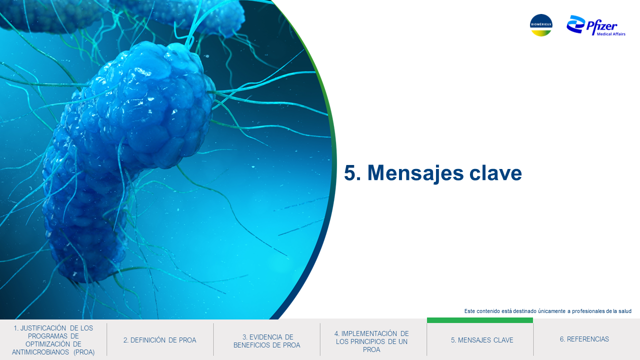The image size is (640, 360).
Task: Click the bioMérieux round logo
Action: [x=541, y=25]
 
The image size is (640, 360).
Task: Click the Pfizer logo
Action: [x=595, y=25]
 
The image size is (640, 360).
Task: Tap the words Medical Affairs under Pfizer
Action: [x=611, y=34]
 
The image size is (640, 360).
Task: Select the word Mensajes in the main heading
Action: [x=415, y=173]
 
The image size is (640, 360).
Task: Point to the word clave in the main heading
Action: [x=495, y=172]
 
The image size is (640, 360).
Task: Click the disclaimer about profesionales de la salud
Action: [x=547, y=311]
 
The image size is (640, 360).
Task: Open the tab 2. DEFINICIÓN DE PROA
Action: [x=159, y=340]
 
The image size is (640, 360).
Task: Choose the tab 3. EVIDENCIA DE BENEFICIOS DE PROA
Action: [x=266, y=341]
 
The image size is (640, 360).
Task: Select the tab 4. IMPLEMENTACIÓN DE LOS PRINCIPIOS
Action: [x=371, y=341]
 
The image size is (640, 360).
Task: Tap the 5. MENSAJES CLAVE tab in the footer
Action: [x=482, y=340]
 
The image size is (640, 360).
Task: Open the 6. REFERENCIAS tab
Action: [x=584, y=339]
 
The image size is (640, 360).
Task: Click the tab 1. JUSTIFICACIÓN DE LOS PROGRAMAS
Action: [x=53, y=340]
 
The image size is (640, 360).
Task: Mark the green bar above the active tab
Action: [x=480, y=320]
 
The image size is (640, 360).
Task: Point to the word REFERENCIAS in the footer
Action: [x=588, y=339]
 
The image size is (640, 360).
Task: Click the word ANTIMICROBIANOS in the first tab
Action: [x=40, y=352]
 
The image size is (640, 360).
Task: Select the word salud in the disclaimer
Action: [x=625, y=311]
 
